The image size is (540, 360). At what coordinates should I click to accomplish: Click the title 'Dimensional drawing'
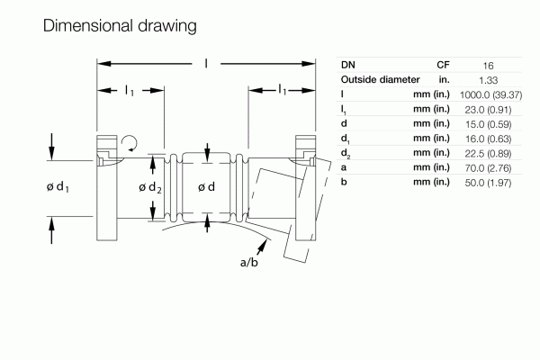click(120, 26)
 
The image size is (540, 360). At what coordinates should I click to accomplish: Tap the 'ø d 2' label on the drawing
click(149, 187)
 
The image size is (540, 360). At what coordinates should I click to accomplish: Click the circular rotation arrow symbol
click(131, 141)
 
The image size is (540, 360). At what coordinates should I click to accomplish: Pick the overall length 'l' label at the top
click(206, 63)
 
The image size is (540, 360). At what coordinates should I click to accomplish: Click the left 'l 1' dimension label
click(130, 90)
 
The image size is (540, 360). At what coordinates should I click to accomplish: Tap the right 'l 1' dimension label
click(283, 90)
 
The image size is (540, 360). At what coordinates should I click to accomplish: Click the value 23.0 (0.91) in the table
click(486, 108)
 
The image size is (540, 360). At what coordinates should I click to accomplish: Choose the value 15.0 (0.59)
click(486, 123)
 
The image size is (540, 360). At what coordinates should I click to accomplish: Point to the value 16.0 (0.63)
click(486, 138)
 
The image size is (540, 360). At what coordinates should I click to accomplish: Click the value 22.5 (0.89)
click(486, 153)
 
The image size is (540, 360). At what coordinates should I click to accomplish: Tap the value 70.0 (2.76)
click(486, 167)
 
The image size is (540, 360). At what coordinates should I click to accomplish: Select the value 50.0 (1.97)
click(486, 183)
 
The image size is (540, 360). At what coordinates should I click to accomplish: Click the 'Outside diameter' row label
click(381, 79)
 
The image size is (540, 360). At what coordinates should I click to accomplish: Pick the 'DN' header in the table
click(347, 65)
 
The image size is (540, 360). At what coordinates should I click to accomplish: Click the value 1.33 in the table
click(486, 79)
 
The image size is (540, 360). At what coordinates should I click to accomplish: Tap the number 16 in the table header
click(486, 65)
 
